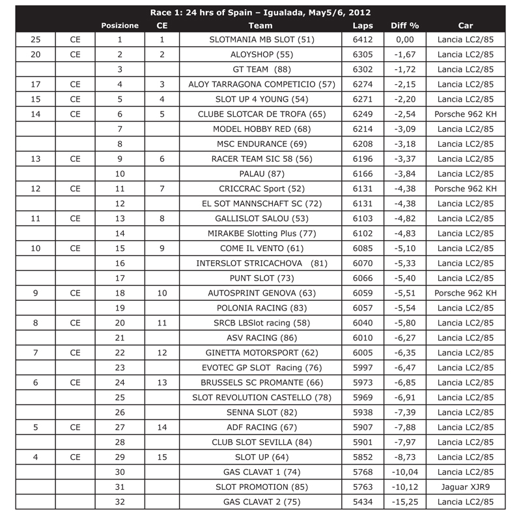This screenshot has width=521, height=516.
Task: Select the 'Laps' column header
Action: [363, 25]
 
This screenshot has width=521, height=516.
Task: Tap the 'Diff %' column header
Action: [404, 25]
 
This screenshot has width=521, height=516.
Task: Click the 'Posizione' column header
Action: [120, 25]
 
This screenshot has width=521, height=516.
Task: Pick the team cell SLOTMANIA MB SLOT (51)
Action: [262, 40]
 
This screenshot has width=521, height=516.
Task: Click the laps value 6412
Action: [363, 40]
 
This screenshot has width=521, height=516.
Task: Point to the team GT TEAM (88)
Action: [262, 69]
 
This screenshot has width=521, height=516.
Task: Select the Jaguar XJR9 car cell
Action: [466, 487]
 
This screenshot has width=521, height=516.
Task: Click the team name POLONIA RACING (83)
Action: [262, 308]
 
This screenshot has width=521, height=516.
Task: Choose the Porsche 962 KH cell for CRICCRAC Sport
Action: [466, 189]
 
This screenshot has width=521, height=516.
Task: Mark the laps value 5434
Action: [363, 502]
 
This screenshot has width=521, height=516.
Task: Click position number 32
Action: [120, 502]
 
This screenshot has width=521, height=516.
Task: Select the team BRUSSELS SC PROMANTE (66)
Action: [262, 382]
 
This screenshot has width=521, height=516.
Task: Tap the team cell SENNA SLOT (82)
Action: [262, 412]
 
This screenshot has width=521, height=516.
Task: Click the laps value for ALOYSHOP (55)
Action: [363, 55]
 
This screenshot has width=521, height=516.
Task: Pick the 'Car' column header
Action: [466, 25]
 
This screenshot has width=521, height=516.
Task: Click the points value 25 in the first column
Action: [35, 40]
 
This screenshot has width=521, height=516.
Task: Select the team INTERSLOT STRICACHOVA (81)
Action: [262, 263]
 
